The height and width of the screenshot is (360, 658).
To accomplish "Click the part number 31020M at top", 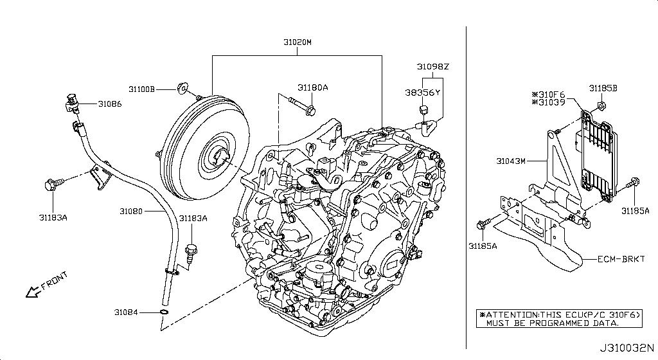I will (x=298, y=42).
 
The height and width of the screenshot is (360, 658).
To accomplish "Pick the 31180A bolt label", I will (x=313, y=87).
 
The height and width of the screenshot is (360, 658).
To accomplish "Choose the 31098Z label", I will (x=432, y=67).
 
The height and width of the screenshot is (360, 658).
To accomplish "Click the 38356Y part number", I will (x=423, y=93).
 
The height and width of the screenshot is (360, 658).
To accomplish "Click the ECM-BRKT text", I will (x=620, y=261).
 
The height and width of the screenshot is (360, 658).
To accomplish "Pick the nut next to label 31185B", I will (x=601, y=105).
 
